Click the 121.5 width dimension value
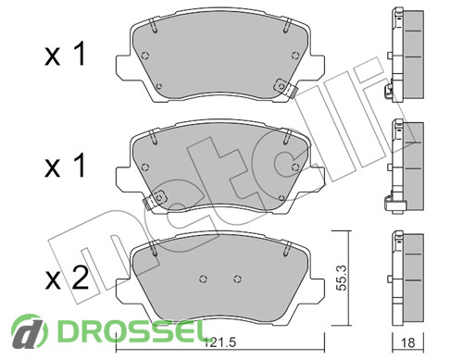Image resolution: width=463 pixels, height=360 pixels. point(220,341)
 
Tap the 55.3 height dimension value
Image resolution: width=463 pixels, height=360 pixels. point(342,278)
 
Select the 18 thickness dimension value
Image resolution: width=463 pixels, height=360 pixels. point(407,342)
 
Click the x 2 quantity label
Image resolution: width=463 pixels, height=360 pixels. point(67,279)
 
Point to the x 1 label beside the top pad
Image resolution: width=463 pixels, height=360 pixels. point(65,55)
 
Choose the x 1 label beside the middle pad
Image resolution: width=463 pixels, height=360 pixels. point(65,166)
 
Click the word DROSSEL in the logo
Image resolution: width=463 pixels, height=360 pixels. point(131,330)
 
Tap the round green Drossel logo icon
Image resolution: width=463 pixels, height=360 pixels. point(30,330)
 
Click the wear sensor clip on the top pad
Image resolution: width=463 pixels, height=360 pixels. point(285,87)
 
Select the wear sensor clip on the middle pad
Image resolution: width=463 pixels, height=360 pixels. point(155,199)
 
